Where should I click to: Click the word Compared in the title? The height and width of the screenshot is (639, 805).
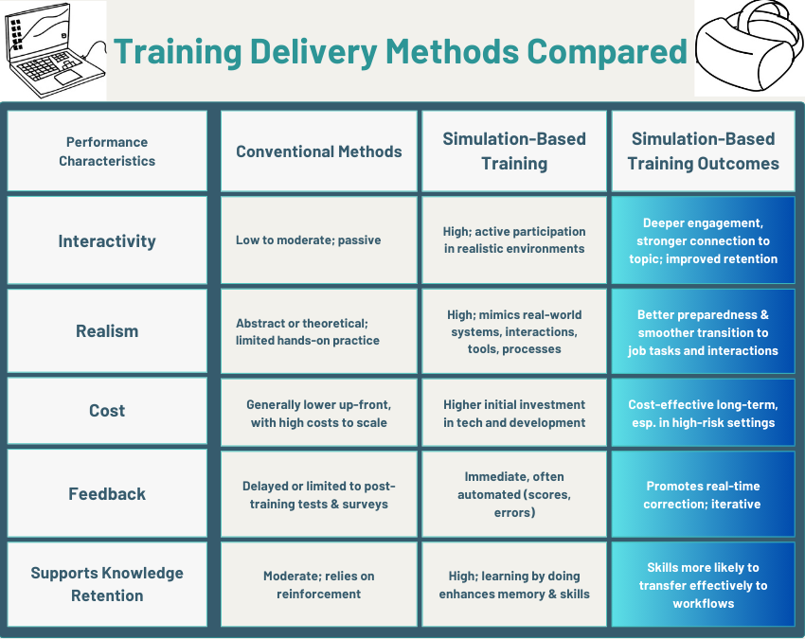point(607,52)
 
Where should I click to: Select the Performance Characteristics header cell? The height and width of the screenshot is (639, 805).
point(107,151)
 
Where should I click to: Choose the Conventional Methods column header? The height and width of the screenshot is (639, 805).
point(319,151)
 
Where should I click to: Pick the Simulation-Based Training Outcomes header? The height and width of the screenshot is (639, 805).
point(704,151)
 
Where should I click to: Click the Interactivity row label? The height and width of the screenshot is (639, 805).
point(107,240)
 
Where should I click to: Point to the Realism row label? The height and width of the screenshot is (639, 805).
point(107,331)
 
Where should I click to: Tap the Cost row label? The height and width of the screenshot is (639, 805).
point(107,411)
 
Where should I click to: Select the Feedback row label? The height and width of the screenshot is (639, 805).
point(107,494)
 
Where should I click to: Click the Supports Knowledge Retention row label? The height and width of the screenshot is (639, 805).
point(107,584)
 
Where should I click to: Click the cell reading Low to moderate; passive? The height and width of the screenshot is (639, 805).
point(319,240)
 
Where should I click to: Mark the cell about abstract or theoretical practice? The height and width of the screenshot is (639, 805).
point(319,331)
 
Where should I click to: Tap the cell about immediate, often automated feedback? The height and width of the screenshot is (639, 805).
point(514,494)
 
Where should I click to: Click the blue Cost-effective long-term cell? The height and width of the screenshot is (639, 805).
point(704,413)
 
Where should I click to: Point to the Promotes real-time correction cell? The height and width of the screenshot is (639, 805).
point(704,494)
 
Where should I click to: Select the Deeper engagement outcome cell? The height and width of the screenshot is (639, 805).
point(704,240)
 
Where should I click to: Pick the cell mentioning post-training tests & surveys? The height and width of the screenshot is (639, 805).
point(319,494)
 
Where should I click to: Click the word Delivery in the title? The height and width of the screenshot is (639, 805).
point(313,52)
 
